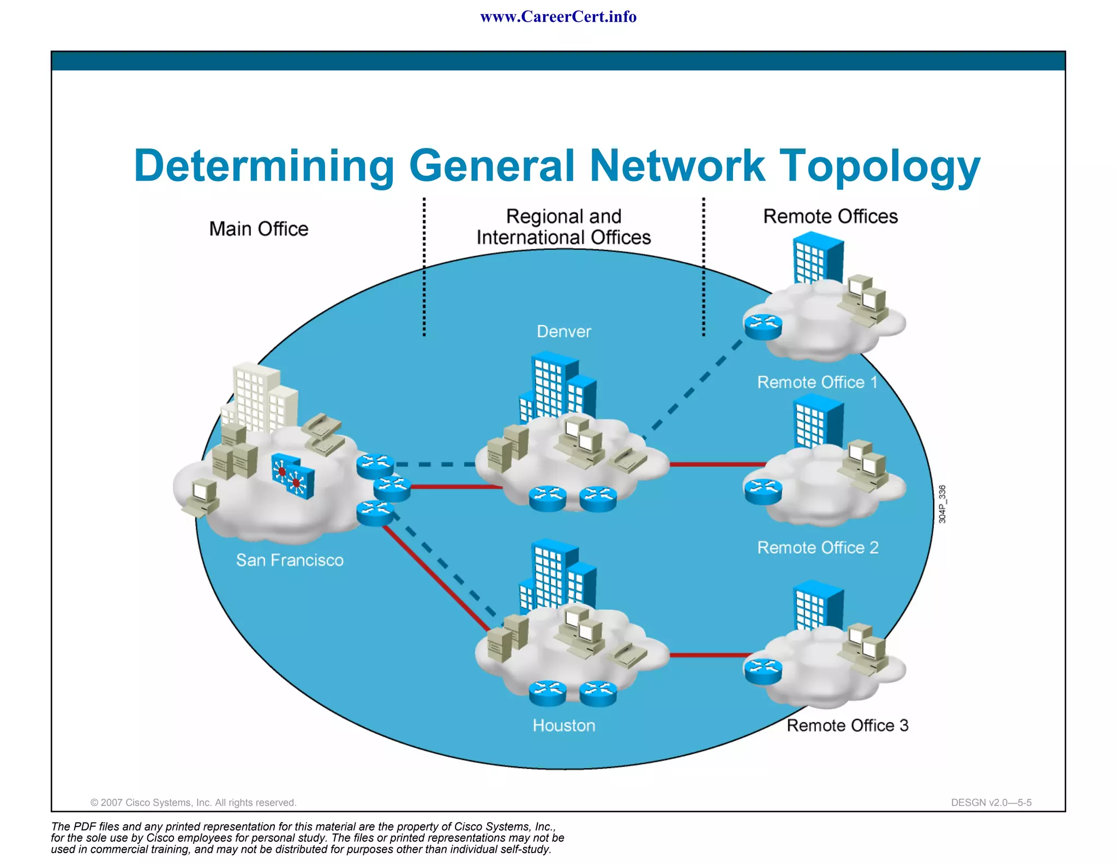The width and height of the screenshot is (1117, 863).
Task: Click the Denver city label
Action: click(x=563, y=331)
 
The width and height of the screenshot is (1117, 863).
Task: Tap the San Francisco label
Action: click(x=290, y=560)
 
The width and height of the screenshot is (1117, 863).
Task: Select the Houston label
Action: click(x=564, y=725)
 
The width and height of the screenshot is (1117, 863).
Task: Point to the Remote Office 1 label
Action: click(x=817, y=382)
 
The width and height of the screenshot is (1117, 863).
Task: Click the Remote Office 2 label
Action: click(x=818, y=547)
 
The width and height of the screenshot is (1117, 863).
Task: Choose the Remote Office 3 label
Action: click(x=847, y=725)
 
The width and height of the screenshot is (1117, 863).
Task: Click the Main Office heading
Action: click(x=259, y=229)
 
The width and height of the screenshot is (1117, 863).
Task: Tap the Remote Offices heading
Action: click(x=830, y=216)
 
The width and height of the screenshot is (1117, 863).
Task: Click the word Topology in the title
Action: click(x=879, y=166)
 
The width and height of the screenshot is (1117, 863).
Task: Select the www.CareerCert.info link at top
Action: click(x=558, y=17)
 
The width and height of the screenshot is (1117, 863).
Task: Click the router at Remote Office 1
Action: click(x=763, y=327)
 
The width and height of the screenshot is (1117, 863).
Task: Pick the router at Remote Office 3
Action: click(x=763, y=670)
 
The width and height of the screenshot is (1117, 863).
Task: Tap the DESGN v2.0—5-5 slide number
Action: click(x=991, y=802)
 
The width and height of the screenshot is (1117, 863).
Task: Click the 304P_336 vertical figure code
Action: click(x=942, y=504)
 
